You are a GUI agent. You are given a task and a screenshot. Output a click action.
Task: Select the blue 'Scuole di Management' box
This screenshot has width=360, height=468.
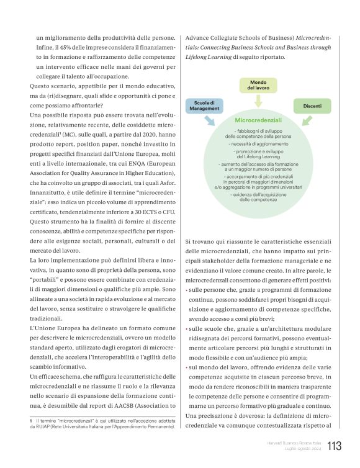[x=204, y=106]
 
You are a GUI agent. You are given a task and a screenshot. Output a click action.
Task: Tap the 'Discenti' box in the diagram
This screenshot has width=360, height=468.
[x=312, y=106]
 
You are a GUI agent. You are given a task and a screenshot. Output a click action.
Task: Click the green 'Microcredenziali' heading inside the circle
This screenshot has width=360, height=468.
[x=258, y=119]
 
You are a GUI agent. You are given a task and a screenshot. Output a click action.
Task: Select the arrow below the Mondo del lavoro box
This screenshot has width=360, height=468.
[x=258, y=102]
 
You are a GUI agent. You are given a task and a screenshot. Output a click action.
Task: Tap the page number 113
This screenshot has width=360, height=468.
[x=334, y=446]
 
